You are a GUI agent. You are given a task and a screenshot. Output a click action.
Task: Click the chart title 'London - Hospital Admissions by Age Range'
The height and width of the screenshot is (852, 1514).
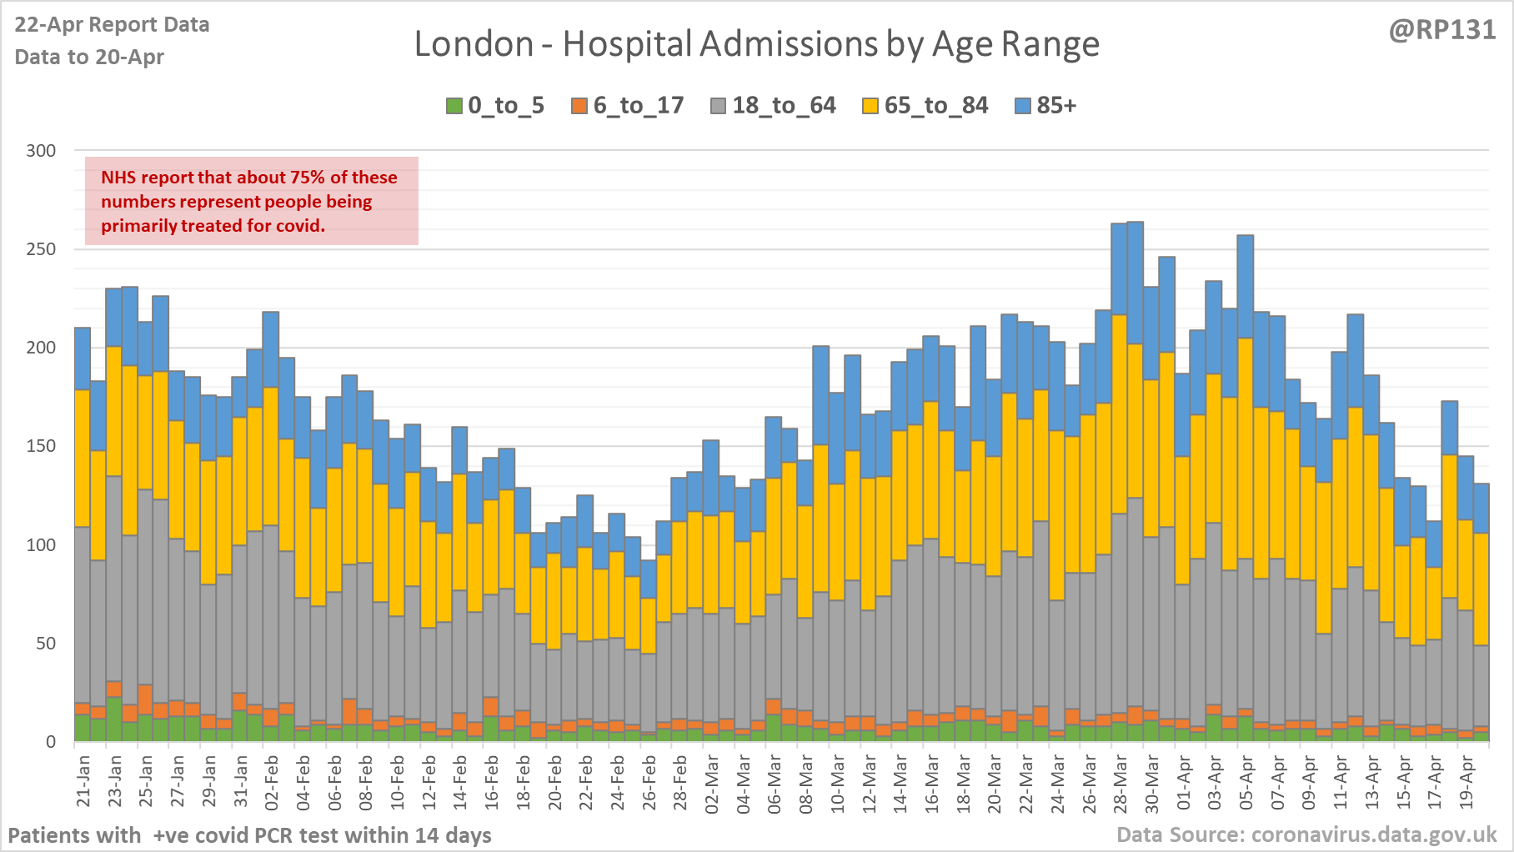(x=756, y=44)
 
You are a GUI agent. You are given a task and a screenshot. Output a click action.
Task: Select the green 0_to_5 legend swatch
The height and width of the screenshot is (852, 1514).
(x=454, y=106)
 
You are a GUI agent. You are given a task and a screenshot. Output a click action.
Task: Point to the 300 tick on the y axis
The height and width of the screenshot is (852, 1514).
(x=41, y=151)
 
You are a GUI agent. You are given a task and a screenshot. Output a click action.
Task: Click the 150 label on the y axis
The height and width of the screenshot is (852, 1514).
(x=41, y=446)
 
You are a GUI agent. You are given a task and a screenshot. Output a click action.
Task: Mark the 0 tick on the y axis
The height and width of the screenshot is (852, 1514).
(x=51, y=742)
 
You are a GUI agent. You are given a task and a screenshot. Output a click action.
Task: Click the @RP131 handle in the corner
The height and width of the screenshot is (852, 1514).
(x=1441, y=30)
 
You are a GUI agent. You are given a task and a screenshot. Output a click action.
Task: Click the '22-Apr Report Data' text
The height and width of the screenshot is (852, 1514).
(x=112, y=25)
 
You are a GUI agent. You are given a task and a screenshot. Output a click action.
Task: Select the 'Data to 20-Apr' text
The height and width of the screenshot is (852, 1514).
(x=89, y=57)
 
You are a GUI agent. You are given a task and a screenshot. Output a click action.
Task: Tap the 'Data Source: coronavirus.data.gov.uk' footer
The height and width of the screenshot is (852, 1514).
(x=1306, y=834)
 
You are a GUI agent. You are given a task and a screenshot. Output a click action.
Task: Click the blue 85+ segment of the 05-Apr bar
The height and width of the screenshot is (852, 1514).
(x=1246, y=286)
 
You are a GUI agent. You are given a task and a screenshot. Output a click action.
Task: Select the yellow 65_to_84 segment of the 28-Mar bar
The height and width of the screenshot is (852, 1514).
(x=1120, y=413)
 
